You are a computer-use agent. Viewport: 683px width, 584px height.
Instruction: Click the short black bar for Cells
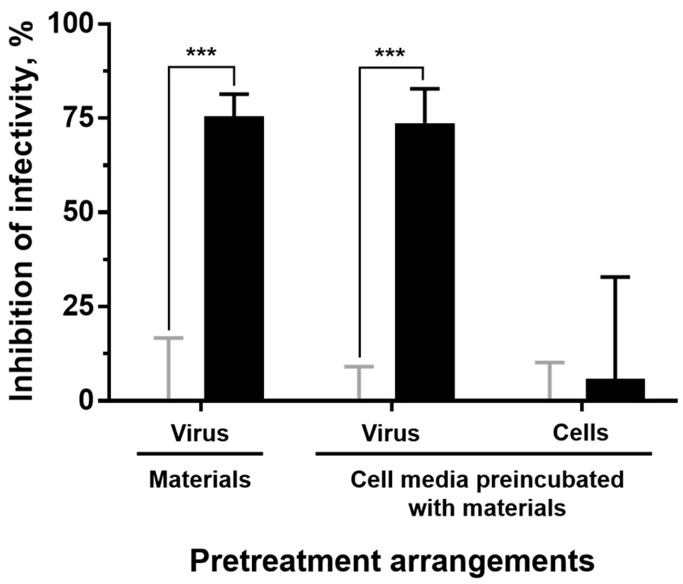(x=615, y=389)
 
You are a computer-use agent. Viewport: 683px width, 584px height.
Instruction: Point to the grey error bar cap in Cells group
(x=550, y=362)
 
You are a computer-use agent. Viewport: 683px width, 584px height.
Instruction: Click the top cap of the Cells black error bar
(x=615, y=277)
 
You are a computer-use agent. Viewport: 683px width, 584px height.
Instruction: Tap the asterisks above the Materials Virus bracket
(x=201, y=53)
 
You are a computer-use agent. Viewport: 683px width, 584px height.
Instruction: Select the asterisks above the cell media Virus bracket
(x=390, y=53)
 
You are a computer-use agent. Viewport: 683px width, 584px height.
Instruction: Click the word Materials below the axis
(x=200, y=480)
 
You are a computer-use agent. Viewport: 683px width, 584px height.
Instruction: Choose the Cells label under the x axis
(x=581, y=433)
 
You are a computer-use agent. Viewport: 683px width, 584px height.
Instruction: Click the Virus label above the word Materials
(x=200, y=434)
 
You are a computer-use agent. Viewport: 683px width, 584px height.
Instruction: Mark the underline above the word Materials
(x=200, y=454)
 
